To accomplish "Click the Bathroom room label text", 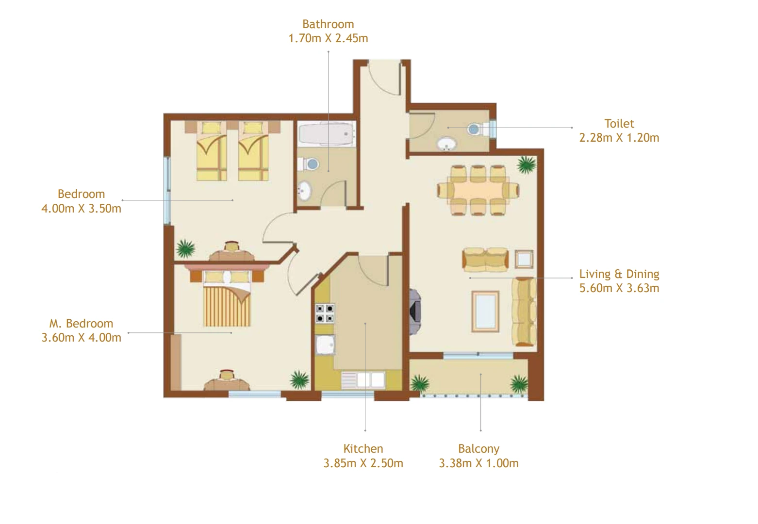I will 328,24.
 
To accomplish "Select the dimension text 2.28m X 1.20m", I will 619,138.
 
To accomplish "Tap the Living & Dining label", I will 619,274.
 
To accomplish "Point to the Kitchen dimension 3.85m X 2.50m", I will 363,463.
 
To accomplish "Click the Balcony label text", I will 478,449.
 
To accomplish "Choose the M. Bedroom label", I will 81,324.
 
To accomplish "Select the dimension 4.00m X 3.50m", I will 82,209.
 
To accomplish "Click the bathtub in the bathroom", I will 326,133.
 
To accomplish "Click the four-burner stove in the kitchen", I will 325,313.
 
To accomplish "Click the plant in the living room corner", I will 526,165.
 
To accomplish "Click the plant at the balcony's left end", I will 419,383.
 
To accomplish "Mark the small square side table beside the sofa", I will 524,259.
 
